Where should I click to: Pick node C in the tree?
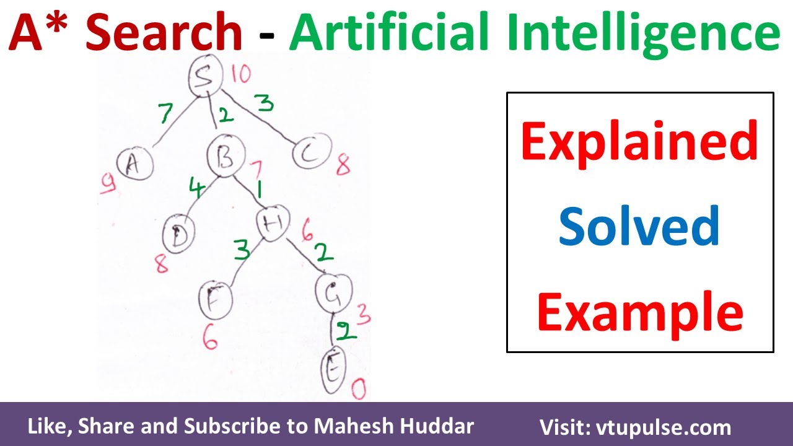click(x=310, y=153)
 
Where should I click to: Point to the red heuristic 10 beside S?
click(x=241, y=74)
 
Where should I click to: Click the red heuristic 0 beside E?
click(x=359, y=390)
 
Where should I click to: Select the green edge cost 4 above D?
click(x=196, y=189)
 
